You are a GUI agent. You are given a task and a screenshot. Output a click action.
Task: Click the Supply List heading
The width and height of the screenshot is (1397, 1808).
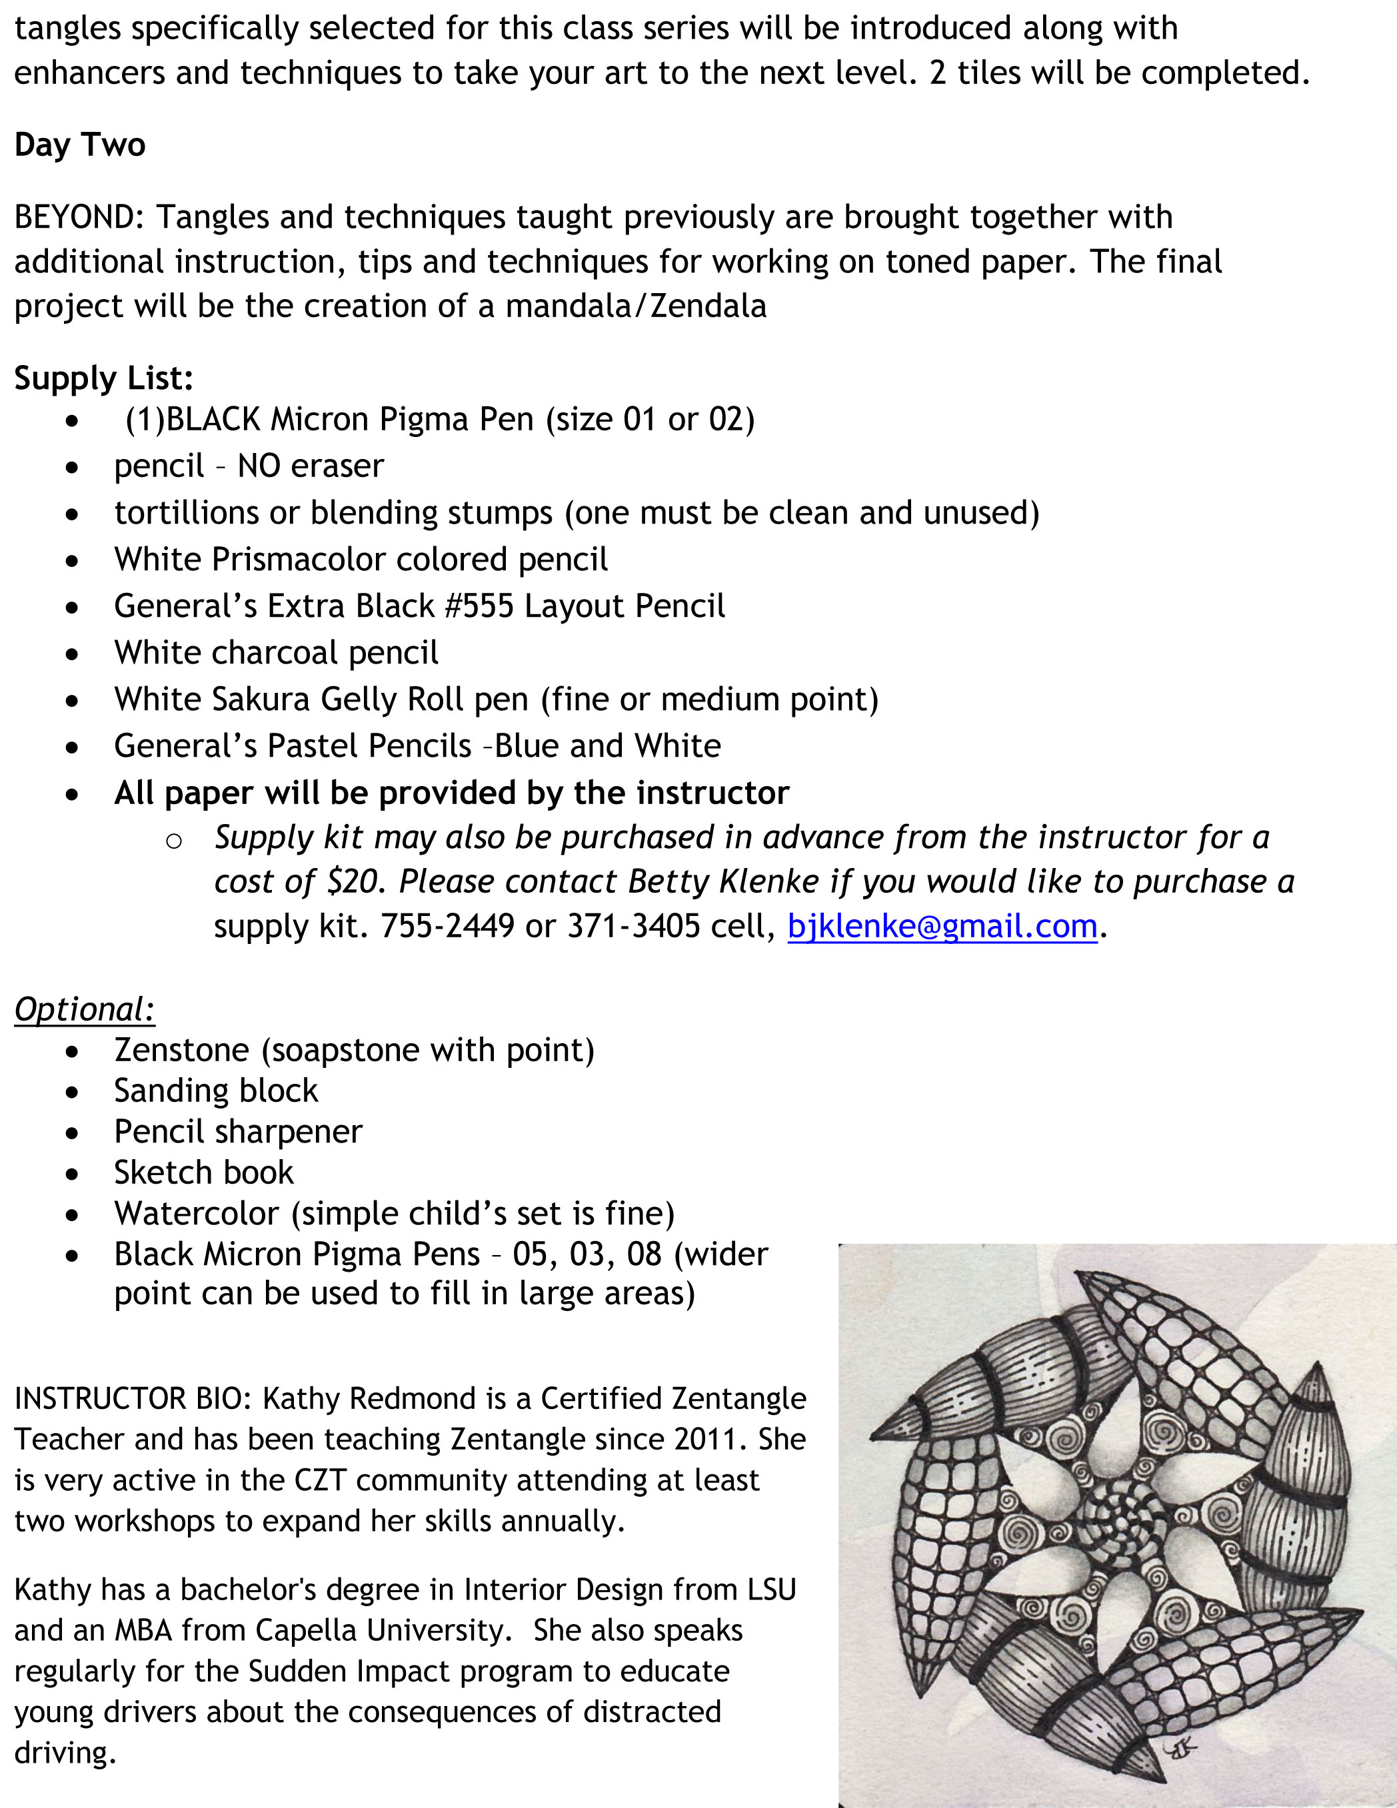(103, 378)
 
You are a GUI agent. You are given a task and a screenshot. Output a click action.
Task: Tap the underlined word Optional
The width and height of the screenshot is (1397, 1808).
(85, 1009)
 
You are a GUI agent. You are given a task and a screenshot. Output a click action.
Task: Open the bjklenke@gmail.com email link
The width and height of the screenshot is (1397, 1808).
(942, 925)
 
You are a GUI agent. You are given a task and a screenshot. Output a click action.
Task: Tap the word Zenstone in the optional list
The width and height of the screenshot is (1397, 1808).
(181, 1050)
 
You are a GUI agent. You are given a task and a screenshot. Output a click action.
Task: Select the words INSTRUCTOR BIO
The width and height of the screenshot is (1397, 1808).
(133, 1398)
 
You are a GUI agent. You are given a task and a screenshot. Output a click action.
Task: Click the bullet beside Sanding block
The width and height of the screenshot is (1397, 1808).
(73, 1092)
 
